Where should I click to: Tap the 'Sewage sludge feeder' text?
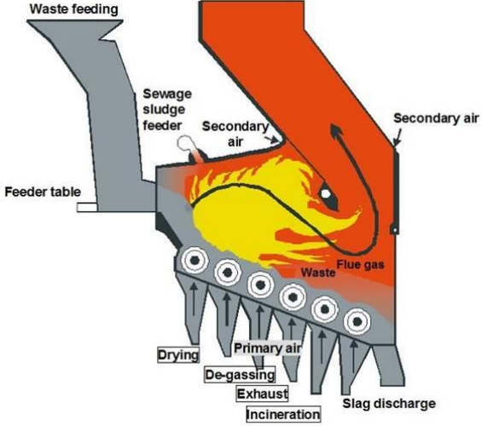163,110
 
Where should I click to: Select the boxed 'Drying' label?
178,354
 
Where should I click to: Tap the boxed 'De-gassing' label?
239,375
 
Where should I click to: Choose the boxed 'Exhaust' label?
260,394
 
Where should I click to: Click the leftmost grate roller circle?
196,258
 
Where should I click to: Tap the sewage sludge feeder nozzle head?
183,145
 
